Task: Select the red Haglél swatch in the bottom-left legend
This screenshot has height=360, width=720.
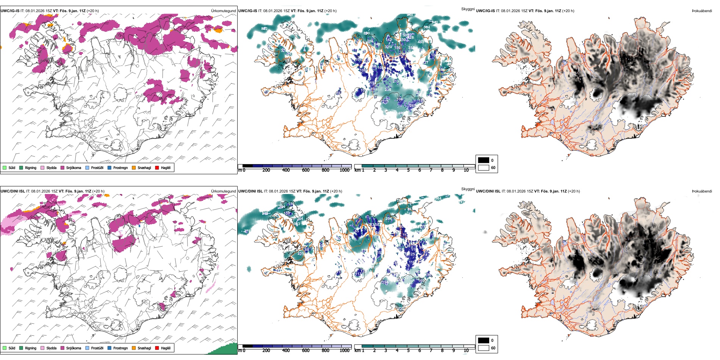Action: tap(157, 348)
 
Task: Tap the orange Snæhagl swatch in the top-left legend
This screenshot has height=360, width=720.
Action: tap(134, 167)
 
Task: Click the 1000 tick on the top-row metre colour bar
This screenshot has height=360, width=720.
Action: tap(344, 170)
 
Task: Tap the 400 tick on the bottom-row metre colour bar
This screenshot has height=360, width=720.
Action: tap(286, 351)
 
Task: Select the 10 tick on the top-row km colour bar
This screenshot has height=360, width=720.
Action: tap(466, 170)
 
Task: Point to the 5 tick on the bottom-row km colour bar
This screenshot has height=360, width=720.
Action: tap(408, 351)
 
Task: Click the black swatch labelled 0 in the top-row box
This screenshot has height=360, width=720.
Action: tap(484, 160)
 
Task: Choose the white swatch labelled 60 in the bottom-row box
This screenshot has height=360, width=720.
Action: tap(484, 348)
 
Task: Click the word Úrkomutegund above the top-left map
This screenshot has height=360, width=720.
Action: tap(223, 11)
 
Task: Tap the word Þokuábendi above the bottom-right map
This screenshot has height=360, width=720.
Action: tap(702, 191)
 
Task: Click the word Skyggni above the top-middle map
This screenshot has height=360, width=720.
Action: tap(468, 9)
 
